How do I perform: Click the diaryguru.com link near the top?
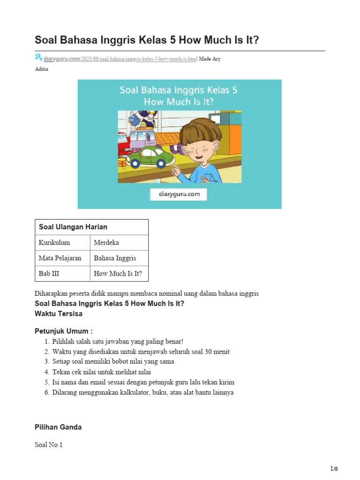coord(62,59)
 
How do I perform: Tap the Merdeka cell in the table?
coord(106,242)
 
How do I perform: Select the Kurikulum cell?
coord(54,242)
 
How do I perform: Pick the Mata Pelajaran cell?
coord(60,258)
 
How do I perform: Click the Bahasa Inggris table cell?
coord(115,258)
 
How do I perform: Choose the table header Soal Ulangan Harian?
coord(73,227)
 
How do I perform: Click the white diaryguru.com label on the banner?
coord(179,194)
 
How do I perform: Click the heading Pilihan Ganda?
coord(58,427)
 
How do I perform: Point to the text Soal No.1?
coord(49,444)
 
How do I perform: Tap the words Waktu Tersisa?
coord(59,313)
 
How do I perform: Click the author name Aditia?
coord(41,69)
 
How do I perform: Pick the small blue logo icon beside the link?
coord(38,58)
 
